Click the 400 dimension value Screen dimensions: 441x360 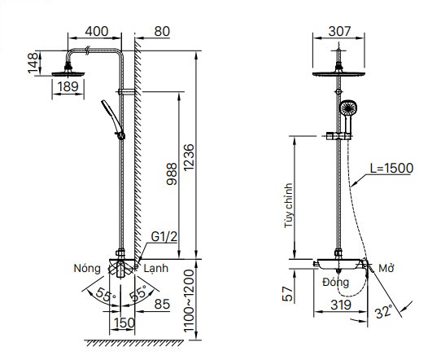pyautogui.click(x=97, y=31)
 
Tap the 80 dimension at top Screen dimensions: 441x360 pyautogui.click(x=162, y=31)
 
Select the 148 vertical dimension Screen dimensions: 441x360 pyautogui.click(x=33, y=63)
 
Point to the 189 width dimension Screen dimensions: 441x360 pyautogui.click(x=68, y=86)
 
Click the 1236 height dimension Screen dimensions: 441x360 pyautogui.click(x=189, y=157)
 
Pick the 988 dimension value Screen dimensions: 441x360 pyautogui.click(x=172, y=173)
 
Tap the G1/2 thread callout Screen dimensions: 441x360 pyautogui.click(x=164, y=237)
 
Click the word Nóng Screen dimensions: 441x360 pyautogui.click(x=87, y=268)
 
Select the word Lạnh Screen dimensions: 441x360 pyautogui.click(x=155, y=268)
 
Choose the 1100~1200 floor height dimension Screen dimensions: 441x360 pyautogui.click(x=189, y=301)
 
